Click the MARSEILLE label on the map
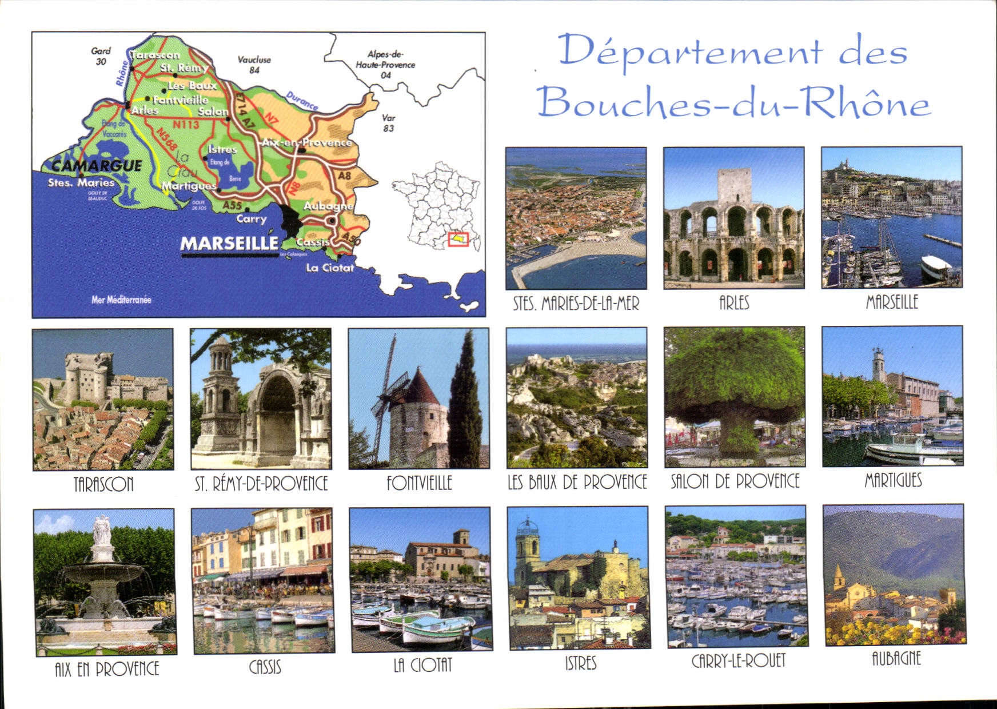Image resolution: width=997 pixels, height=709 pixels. click(229, 244)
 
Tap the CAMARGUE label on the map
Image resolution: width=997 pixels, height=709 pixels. click(97, 166)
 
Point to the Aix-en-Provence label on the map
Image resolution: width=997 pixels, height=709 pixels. click(306, 142)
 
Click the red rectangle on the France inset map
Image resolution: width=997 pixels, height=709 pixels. click(458, 240)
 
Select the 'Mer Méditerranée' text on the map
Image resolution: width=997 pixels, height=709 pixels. click(121, 299)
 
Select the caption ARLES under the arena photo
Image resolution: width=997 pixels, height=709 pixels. click(734, 302)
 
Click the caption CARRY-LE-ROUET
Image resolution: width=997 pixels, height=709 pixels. click(738, 661)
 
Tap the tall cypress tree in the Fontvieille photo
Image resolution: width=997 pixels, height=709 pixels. click(465, 400)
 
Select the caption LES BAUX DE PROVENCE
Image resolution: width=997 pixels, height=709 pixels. click(577, 482)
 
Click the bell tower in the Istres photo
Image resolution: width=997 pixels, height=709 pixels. click(526, 549)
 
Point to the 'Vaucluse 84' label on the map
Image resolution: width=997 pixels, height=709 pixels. click(254, 65)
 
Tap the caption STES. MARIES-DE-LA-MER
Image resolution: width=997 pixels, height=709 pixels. click(576, 303)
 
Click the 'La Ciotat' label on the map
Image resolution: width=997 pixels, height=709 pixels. click(330, 268)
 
